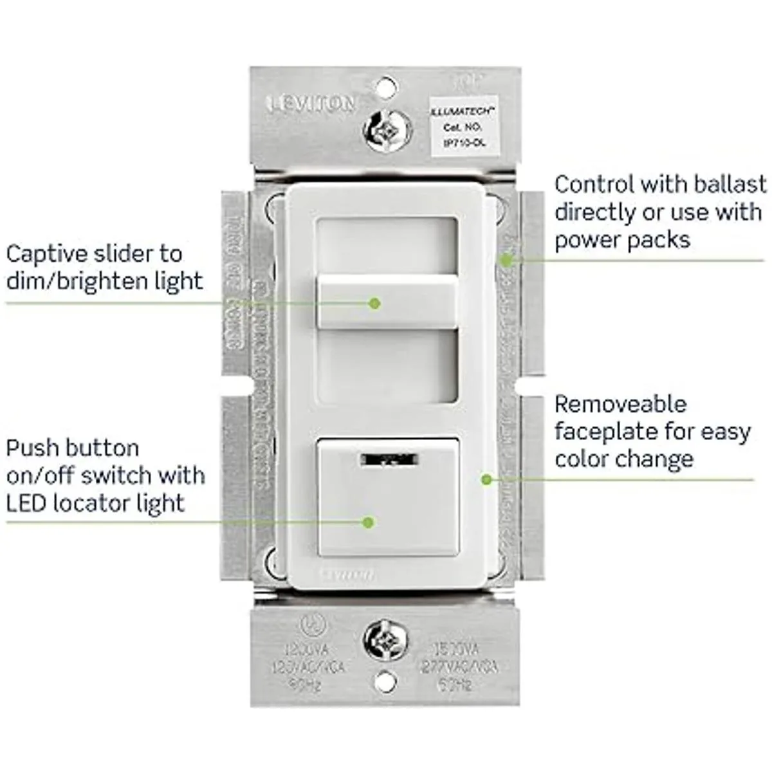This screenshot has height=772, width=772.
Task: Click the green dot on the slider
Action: coord(375,302)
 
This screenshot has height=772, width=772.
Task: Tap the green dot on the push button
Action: coord(368,522)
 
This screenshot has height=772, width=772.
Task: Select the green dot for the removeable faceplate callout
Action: coord(487,479)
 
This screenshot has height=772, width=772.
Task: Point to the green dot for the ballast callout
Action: coord(507,260)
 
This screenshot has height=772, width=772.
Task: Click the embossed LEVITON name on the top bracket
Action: coord(311,103)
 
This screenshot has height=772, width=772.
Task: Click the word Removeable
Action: coord(620,405)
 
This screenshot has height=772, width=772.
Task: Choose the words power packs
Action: coord(622,239)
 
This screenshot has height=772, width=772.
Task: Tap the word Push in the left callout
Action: coord(33,448)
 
